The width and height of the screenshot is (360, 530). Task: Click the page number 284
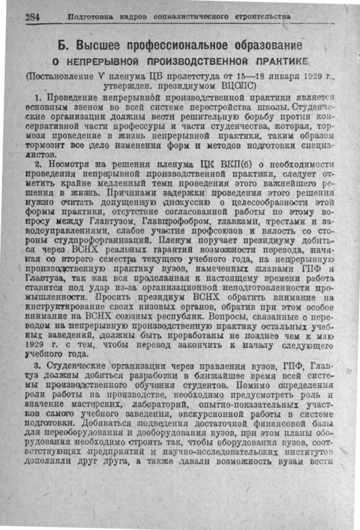pos(32,17)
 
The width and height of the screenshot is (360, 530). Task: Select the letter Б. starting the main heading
pos(64,44)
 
